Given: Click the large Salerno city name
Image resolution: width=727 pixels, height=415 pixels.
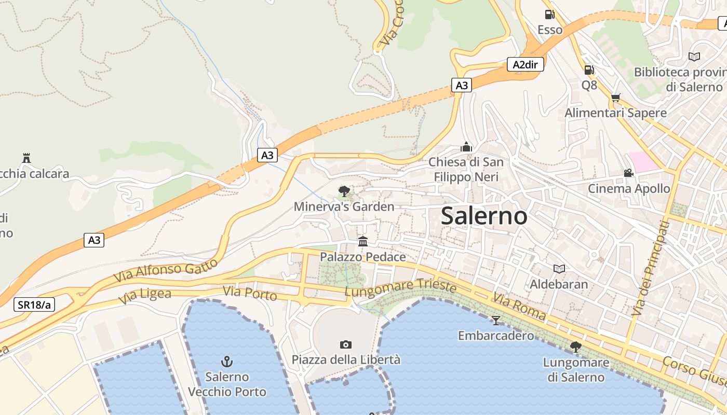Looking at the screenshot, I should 484,216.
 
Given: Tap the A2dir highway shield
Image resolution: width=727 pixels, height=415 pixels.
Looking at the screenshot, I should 525,64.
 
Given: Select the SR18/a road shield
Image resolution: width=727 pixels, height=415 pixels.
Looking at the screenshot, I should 34,305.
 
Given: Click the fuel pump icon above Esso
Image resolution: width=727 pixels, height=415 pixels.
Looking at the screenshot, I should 549,15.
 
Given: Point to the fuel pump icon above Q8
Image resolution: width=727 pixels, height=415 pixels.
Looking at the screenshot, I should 589,70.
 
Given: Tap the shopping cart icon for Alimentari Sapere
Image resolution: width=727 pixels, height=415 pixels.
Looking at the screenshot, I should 616,98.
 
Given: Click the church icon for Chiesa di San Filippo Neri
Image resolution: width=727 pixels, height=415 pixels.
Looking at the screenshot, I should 466,147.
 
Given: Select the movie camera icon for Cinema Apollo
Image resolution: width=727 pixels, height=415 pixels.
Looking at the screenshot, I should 628,173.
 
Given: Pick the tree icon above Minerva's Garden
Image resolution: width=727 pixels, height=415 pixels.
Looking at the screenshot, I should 344,191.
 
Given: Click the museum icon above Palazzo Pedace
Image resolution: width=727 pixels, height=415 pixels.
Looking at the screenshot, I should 363,241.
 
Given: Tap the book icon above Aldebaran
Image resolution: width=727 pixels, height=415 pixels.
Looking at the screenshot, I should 559,269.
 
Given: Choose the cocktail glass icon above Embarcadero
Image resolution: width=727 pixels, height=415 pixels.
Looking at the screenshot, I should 496,320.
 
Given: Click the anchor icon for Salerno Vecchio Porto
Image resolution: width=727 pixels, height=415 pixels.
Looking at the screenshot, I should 227,361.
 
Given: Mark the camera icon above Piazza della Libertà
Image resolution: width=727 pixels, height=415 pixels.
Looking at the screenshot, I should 345,344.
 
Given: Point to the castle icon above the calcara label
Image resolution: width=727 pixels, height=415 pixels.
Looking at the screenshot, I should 26,158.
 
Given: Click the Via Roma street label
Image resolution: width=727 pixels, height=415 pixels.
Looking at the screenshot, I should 519,307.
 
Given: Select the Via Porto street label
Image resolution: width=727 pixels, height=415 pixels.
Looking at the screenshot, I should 250,293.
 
